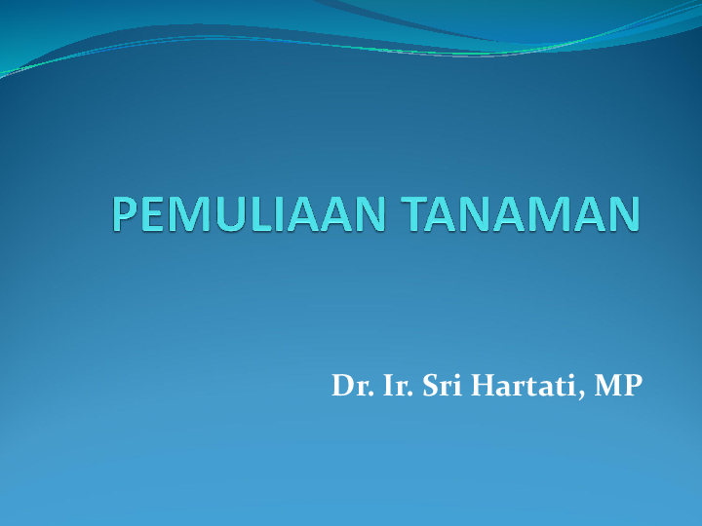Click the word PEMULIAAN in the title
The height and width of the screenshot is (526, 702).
(252, 215)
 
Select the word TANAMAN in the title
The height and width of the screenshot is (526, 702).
(524, 215)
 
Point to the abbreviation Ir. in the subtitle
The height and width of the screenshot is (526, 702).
(396, 386)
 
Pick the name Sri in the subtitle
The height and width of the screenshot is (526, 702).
(441, 386)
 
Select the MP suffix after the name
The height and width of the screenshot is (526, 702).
(618, 386)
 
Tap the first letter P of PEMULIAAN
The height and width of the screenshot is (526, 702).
(124, 215)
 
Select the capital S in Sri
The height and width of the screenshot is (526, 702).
(429, 386)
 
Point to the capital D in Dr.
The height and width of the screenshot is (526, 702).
(342, 386)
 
